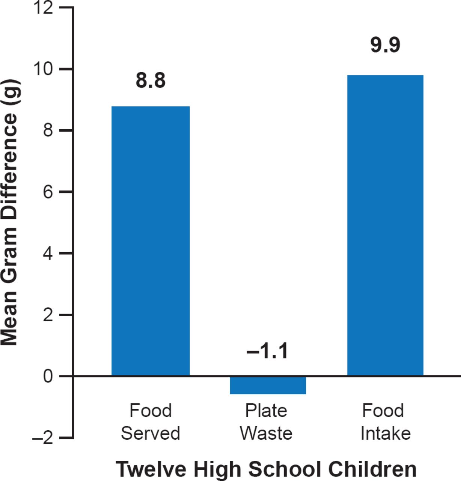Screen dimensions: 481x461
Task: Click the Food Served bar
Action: click(151, 240)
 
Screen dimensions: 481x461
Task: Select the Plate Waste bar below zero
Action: click(268, 385)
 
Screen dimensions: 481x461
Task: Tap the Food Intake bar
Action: click(385, 225)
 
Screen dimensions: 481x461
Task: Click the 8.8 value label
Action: click(151, 80)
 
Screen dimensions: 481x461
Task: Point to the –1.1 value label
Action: click(267, 351)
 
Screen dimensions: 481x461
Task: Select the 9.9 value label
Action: click(385, 45)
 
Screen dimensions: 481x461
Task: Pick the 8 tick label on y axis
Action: click(48, 131)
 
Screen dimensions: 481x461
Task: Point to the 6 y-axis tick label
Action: click(48, 192)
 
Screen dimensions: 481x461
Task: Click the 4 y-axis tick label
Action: click(48, 254)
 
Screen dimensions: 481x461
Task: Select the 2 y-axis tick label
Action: click(48, 315)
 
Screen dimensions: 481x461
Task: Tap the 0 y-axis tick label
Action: click(48, 376)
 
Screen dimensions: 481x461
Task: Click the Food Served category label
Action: click(151, 422)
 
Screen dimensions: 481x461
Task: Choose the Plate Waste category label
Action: click(266, 422)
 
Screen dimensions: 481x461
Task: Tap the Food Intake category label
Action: click(385, 422)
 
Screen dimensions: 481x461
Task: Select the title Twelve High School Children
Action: click(266, 469)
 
